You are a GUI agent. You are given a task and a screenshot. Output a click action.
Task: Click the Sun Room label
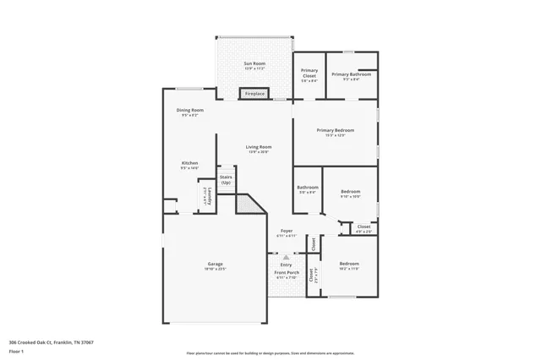pyautogui.click(x=254, y=64)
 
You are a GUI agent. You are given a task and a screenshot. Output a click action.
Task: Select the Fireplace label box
pyautogui.click(x=255, y=93)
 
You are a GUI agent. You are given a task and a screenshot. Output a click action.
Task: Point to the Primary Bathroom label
pyautogui.click(x=351, y=74)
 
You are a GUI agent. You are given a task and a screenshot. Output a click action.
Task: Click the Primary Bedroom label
pyautogui.click(x=335, y=130)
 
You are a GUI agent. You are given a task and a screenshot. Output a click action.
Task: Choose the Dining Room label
pyautogui.click(x=189, y=110)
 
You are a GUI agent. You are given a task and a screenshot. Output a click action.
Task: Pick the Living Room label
pyautogui.click(x=259, y=147)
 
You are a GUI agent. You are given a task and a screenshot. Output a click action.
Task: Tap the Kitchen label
pyautogui.click(x=189, y=163)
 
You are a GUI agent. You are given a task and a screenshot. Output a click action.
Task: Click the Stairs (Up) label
pyautogui.click(x=226, y=180)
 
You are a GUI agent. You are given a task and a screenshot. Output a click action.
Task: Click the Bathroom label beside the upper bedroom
pyautogui.click(x=307, y=187)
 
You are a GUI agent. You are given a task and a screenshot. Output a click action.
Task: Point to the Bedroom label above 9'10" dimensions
pyautogui.click(x=351, y=192)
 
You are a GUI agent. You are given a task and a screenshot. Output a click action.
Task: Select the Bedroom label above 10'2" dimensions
pyautogui.click(x=350, y=263)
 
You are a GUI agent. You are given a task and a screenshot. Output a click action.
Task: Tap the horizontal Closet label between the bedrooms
pyautogui.click(x=363, y=226)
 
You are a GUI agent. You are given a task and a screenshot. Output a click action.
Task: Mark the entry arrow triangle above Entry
pyautogui.click(x=286, y=256)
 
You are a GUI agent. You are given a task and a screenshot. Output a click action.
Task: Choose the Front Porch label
pyautogui.click(x=286, y=273)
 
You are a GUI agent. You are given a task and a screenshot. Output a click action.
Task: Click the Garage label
pyautogui.click(x=216, y=264)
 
